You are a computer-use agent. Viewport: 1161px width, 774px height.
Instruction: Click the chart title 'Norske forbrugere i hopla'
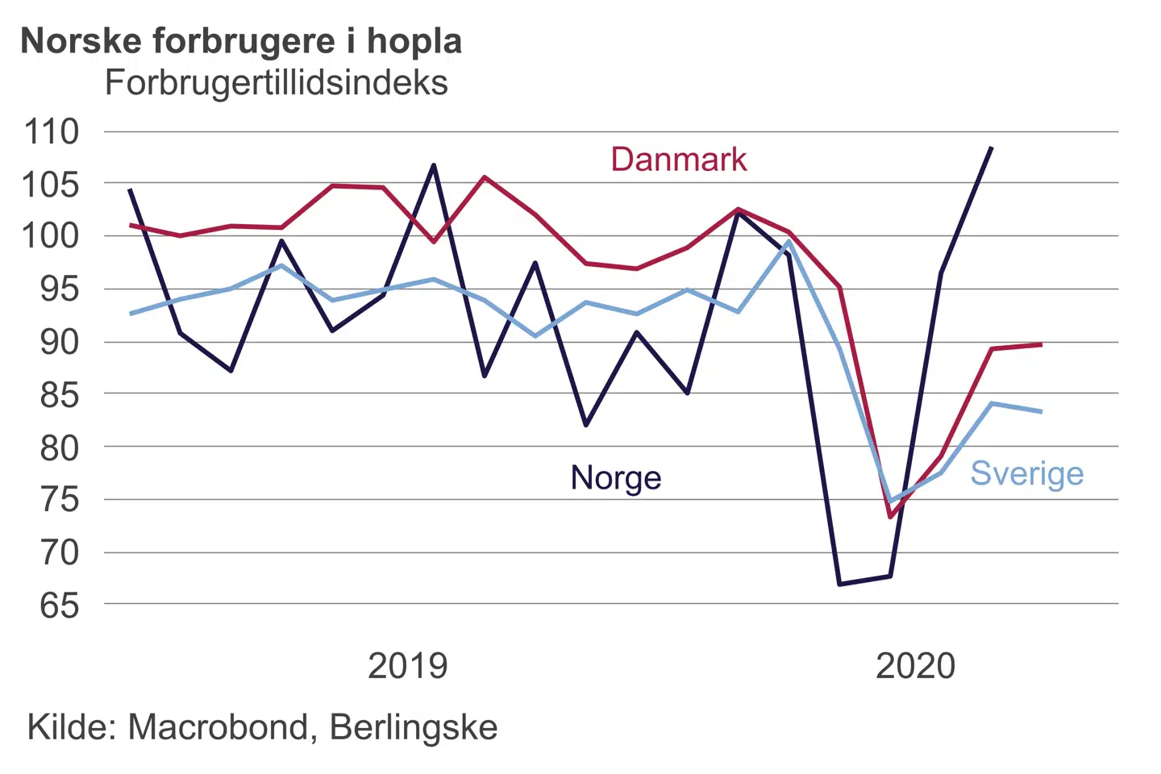coord(241,41)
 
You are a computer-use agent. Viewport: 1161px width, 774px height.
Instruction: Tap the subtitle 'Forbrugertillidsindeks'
coord(276,83)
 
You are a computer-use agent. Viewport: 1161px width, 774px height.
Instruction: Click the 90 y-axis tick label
coord(60,342)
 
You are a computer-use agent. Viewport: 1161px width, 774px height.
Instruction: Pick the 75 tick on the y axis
coord(60,500)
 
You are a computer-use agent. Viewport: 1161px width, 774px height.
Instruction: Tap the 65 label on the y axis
coord(60,605)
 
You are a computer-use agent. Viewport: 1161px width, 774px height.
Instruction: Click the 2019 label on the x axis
coord(407,666)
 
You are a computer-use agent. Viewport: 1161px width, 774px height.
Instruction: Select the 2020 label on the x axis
coord(915,666)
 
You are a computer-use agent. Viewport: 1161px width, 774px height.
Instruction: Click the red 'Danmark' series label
coord(679,160)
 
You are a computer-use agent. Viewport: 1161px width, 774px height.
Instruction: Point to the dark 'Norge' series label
coord(616,477)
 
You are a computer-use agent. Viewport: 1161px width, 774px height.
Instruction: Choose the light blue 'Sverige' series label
coord(1026,473)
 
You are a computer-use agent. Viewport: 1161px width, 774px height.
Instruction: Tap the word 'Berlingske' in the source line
coord(414,727)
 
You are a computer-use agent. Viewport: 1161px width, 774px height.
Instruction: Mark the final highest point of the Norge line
coord(991,148)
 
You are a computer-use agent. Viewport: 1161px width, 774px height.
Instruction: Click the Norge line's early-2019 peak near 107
coord(434,165)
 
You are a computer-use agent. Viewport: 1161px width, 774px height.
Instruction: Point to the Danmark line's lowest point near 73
coord(890,517)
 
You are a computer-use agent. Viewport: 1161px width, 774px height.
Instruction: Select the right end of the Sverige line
coord(1041,411)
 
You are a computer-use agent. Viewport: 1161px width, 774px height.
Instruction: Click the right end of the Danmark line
coord(1041,344)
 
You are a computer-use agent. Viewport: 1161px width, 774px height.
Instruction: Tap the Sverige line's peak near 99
coord(789,241)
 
